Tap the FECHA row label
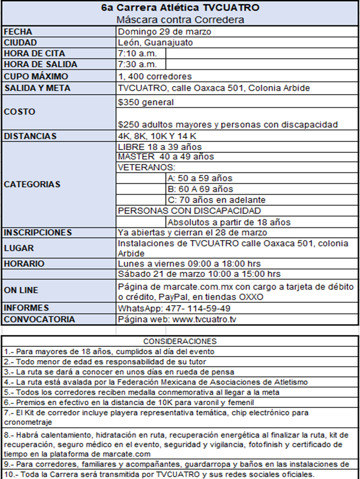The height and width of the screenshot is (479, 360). point(18,31)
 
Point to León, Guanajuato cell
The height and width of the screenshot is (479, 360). point(155,42)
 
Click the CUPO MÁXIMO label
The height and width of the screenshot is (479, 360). point(36,76)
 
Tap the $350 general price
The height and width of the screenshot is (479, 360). point(145,102)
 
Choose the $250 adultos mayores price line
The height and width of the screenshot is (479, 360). point(227,124)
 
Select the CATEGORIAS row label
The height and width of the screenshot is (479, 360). point(32,185)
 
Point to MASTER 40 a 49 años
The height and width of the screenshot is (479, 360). point(166,156)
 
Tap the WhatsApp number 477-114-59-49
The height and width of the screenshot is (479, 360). point(174,308)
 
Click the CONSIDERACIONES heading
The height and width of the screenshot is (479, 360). point(179,342)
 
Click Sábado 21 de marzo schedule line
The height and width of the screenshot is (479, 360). point(199,274)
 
